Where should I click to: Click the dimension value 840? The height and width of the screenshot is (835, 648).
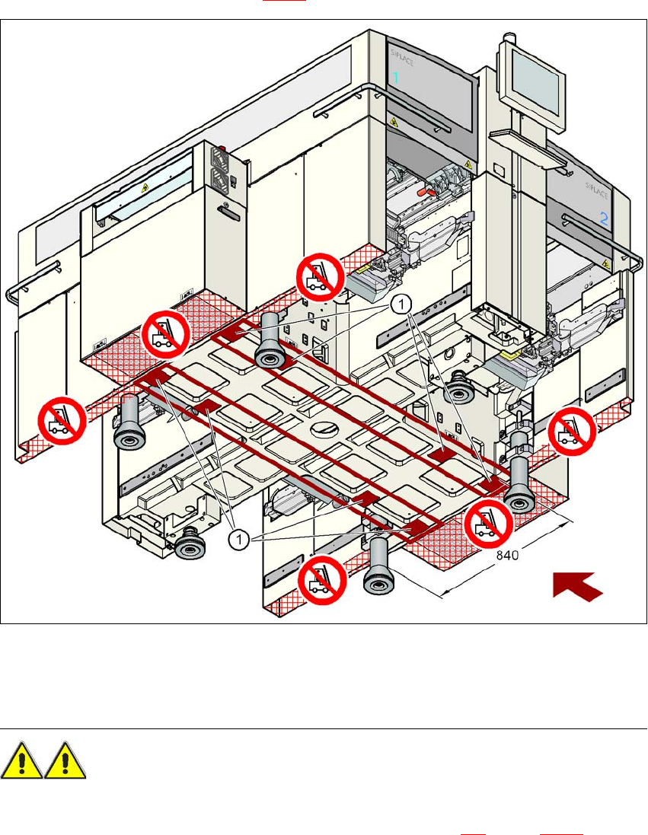pos(508,556)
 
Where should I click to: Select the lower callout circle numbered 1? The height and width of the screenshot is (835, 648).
pos(239,539)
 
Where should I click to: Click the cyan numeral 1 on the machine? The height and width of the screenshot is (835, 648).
pos(396,77)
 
